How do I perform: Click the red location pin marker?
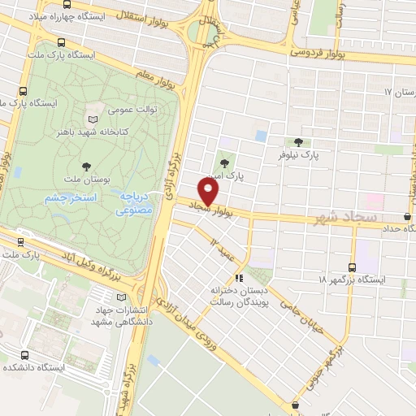(x=209, y=192)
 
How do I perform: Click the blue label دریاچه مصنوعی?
(x=135, y=204)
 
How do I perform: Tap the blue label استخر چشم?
(x=70, y=198)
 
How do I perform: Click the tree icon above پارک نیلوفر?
(x=299, y=141)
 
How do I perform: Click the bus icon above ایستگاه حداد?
(x=406, y=216)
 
